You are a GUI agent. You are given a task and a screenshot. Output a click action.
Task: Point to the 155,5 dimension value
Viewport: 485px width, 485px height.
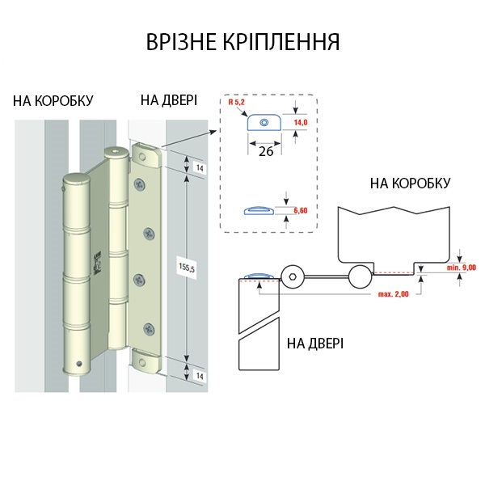pos(187,268)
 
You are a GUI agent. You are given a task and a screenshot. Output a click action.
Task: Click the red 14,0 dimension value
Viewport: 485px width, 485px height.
pos(302,122)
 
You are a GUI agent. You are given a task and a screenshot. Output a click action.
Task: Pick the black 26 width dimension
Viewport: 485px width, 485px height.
pos(264,150)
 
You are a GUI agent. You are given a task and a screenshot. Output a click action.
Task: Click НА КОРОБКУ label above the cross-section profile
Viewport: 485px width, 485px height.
pos(410,184)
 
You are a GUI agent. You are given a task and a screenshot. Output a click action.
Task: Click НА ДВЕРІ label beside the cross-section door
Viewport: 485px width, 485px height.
pos(315,344)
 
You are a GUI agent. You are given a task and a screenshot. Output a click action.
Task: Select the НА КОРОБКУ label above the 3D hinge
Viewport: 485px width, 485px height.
pos(53,101)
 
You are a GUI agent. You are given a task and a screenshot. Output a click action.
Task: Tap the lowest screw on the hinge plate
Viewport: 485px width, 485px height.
pos(149,329)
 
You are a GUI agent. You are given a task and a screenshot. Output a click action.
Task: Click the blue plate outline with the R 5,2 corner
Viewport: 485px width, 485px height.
pos(261,122)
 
